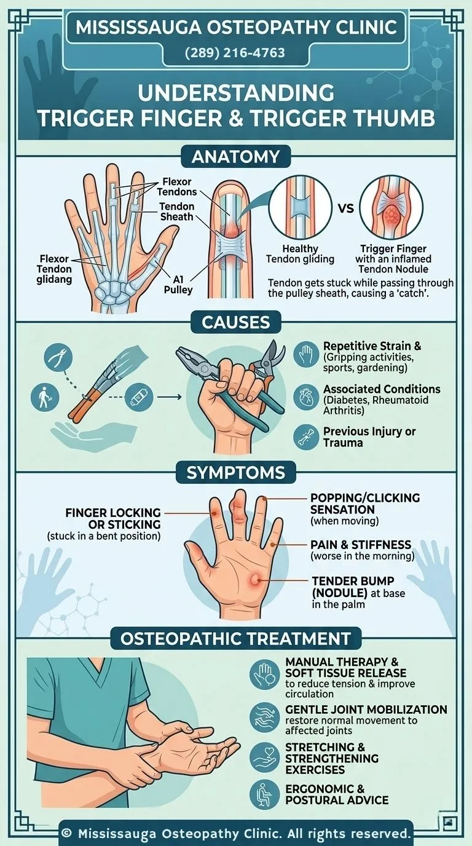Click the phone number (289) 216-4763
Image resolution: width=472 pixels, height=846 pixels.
pyautogui.click(x=235, y=53)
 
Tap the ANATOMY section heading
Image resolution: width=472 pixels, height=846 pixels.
pyautogui.click(x=235, y=156)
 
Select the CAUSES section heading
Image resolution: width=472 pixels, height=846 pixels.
pyautogui.click(x=235, y=322)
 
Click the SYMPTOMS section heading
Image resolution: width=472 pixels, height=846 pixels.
pyautogui.click(x=235, y=473)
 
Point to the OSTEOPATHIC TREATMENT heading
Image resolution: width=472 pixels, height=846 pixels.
pyautogui.click(x=235, y=638)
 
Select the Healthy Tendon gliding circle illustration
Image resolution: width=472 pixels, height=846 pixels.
pyautogui.click(x=300, y=208)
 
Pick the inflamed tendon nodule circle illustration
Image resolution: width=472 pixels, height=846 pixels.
pyautogui.click(x=390, y=208)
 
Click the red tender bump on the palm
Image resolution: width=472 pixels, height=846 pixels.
pyautogui.click(x=254, y=578)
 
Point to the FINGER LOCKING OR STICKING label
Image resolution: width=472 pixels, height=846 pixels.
pyautogui.click(x=113, y=518)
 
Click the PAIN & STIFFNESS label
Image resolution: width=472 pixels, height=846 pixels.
pyautogui.click(x=361, y=545)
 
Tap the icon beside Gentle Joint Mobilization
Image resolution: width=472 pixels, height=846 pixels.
pyautogui.click(x=265, y=717)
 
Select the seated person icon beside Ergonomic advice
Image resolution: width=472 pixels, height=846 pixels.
pyautogui.click(x=265, y=794)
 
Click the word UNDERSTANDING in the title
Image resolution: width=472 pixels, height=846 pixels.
pyautogui.click(x=235, y=93)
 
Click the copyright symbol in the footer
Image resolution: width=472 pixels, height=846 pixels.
pyautogui.click(x=66, y=834)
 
